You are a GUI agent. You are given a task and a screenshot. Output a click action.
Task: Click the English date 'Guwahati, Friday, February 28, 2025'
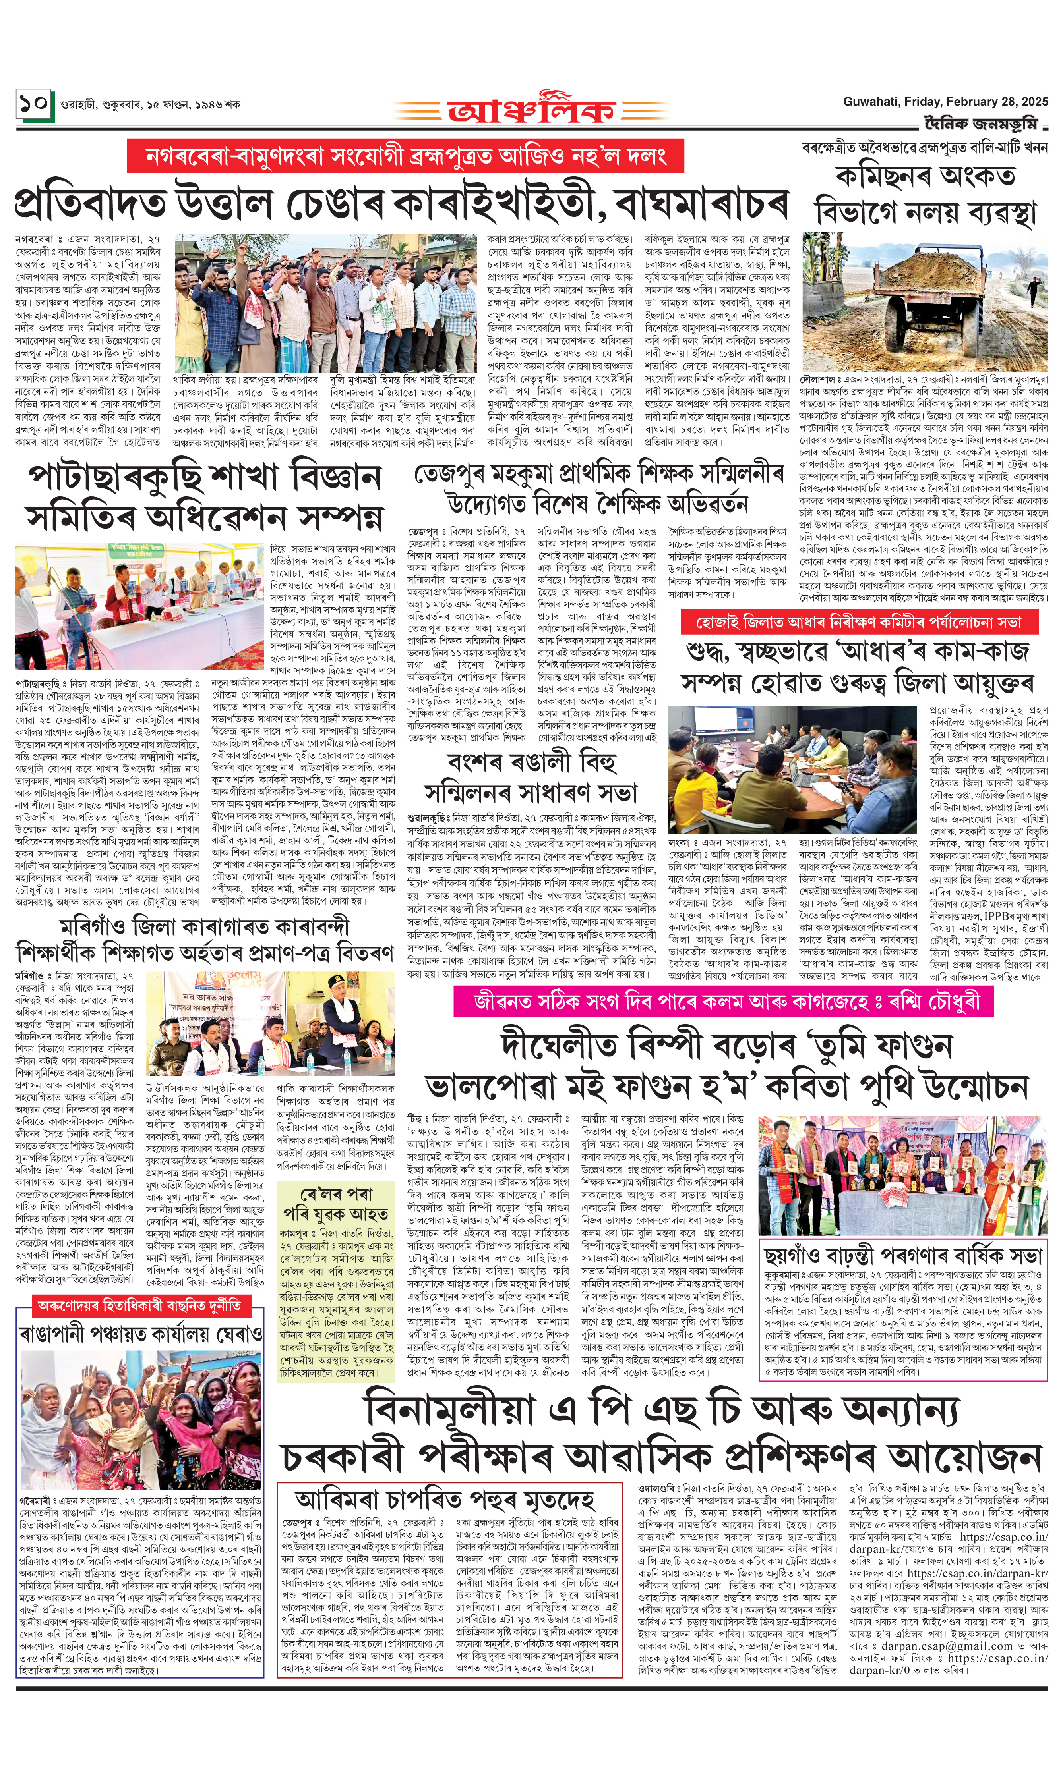tap(945, 102)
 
